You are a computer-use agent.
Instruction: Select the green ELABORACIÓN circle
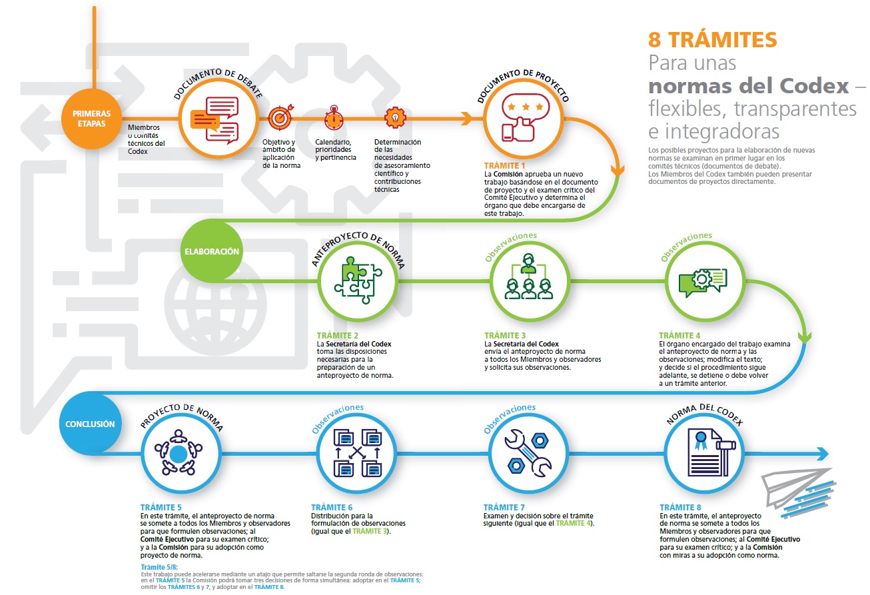[x=212, y=252]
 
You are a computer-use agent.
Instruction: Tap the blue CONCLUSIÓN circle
[x=91, y=424]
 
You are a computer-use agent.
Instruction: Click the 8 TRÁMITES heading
[x=712, y=40]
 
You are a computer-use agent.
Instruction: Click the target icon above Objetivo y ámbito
[x=279, y=118]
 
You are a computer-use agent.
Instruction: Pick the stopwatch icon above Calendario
[x=333, y=118]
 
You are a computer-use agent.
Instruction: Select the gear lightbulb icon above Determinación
[x=394, y=117]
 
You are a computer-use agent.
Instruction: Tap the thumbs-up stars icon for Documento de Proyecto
[x=524, y=120]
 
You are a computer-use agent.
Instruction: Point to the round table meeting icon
[x=179, y=454]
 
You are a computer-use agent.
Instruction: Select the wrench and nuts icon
[x=528, y=452]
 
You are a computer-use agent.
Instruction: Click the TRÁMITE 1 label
[x=505, y=165]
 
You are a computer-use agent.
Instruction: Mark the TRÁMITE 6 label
[x=332, y=507]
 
